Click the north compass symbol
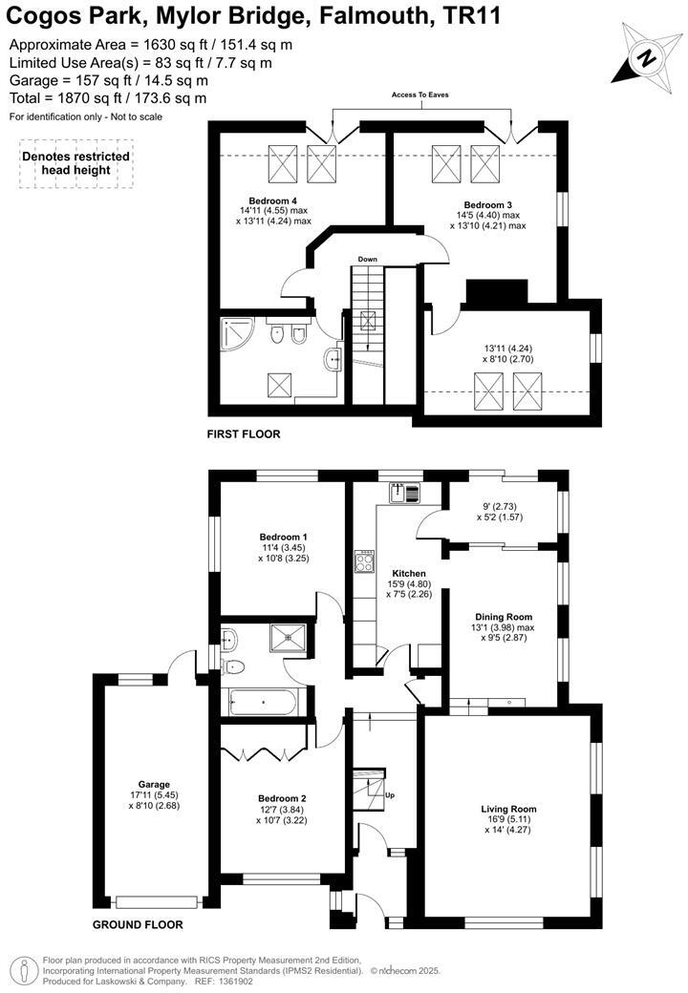646,56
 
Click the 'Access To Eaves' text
419,95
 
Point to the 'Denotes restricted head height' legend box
76,163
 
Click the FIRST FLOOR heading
244,434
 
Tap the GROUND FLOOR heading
138,925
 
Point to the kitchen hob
364,562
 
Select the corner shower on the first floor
235,333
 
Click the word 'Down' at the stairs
368,260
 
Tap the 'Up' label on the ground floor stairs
389,794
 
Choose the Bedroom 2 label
282,798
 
